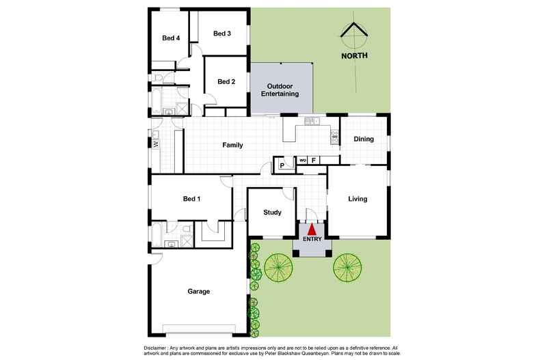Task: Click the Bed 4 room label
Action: click(171, 38)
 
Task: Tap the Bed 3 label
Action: click(221, 33)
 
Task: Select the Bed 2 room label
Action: click(226, 81)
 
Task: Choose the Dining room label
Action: click(364, 139)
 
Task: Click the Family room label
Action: click(232, 145)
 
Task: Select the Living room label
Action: click(357, 199)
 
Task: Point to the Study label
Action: click(273, 212)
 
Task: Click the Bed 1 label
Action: click(192, 199)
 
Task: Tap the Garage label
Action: click(198, 291)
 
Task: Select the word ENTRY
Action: click(312, 239)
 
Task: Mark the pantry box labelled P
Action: click(281, 165)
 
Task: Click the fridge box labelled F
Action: click(314, 161)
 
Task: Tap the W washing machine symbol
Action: click(156, 144)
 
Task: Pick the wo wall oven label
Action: click(302, 161)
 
